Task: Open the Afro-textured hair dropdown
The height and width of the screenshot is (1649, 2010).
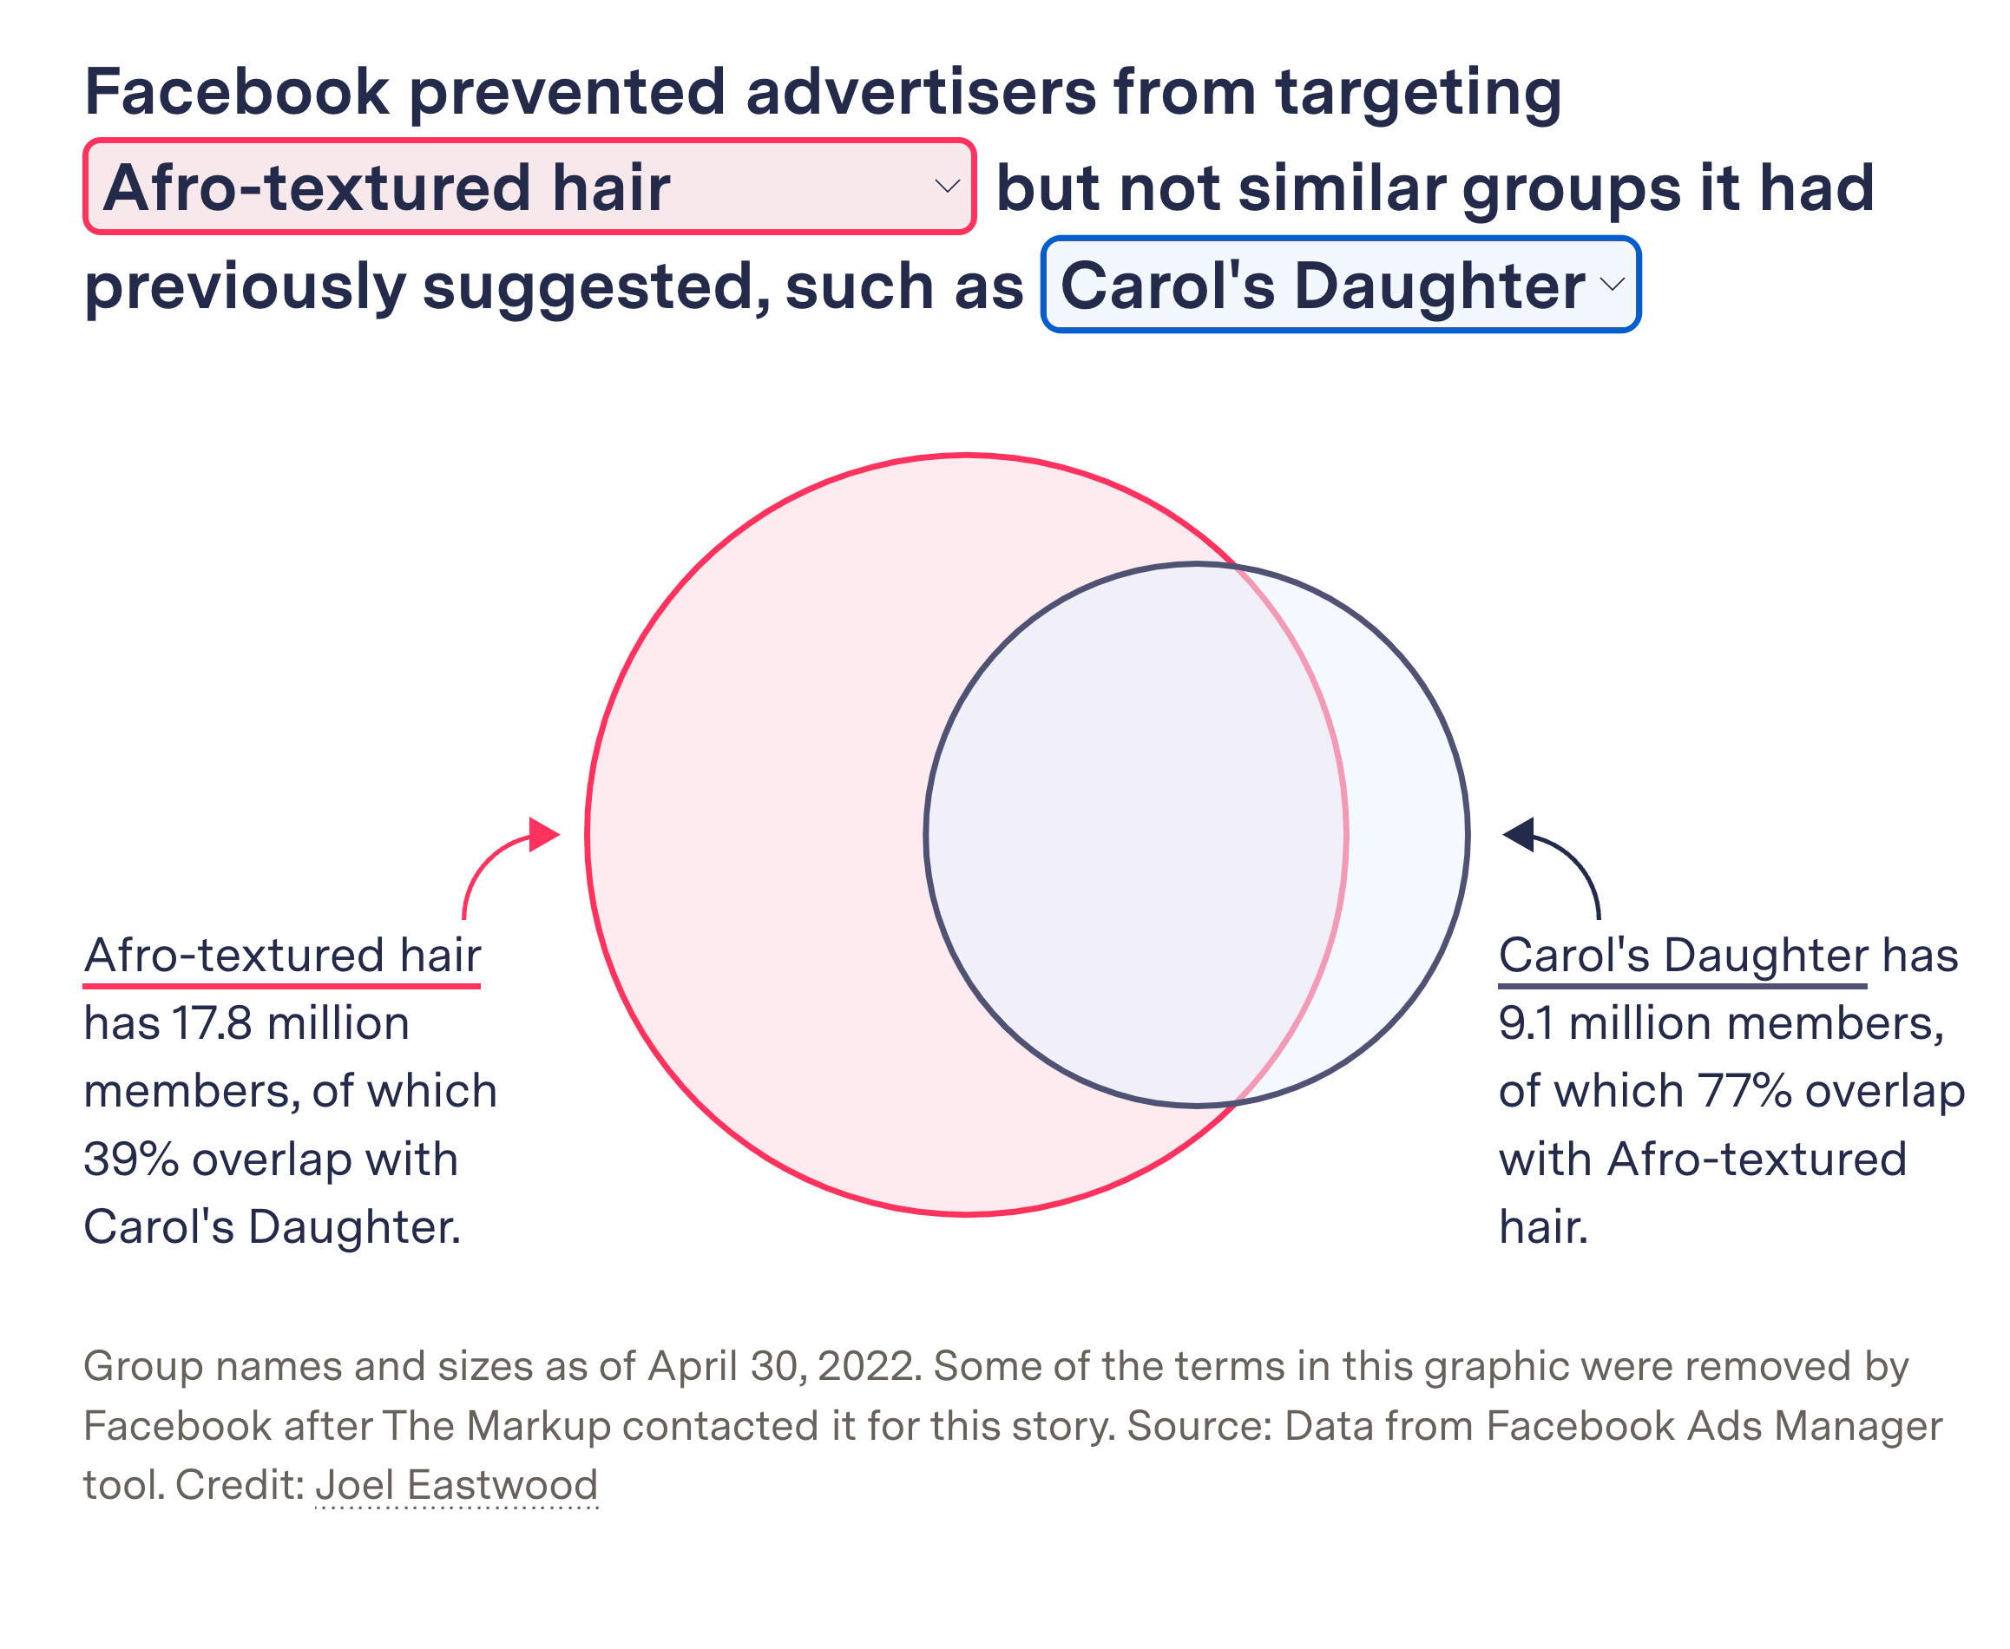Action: coord(529,187)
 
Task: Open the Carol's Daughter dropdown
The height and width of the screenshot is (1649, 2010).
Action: coord(1339,285)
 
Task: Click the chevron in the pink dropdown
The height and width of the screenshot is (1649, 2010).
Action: coord(946,187)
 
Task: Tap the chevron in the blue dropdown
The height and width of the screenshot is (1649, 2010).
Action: coord(1612,285)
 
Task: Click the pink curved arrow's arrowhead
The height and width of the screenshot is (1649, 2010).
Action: coord(543,834)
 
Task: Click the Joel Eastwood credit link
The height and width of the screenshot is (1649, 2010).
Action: coord(456,1485)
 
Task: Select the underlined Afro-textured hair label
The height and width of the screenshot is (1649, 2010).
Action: coord(282,956)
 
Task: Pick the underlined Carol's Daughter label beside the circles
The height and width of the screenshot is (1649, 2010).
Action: coord(1682,956)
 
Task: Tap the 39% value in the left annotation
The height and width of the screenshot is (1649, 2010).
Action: coord(130,1160)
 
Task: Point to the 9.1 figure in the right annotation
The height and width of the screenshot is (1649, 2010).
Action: coord(1527,1024)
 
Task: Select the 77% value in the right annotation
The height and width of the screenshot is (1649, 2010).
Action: coord(1745,1092)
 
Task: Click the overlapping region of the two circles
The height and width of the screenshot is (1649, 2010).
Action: coord(1135,836)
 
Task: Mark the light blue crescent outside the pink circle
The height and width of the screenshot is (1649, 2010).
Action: coord(1406,836)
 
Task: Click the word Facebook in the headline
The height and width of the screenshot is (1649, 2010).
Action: coord(237,92)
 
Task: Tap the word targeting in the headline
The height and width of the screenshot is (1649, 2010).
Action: coord(1417,94)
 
